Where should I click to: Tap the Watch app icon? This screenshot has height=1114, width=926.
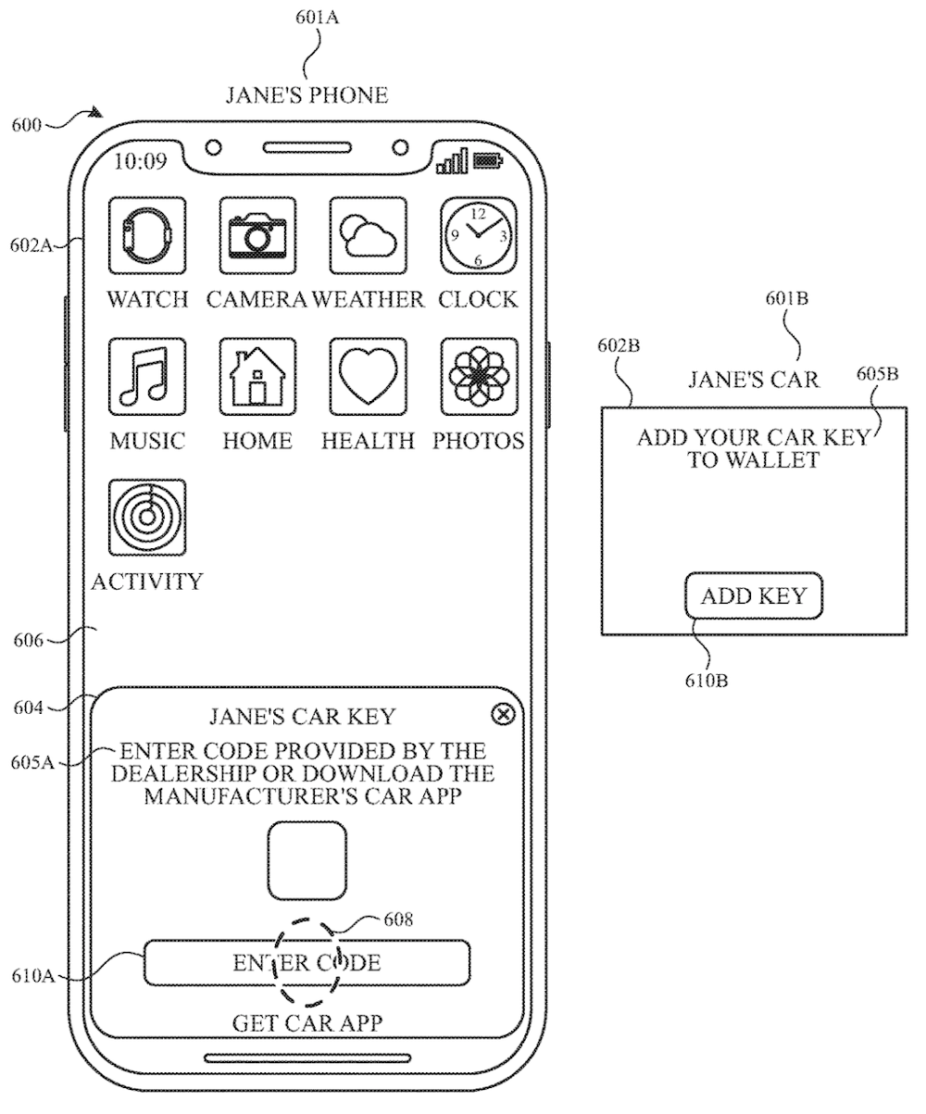(147, 234)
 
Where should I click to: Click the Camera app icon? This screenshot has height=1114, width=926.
(257, 234)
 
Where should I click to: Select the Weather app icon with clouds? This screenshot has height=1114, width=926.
(369, 234)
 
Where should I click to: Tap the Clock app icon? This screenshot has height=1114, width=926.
(479, 234)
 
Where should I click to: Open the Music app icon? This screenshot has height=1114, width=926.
(147, 375)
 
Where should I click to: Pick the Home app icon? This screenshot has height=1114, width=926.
(257, 375)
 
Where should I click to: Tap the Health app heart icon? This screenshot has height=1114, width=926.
(369, 375)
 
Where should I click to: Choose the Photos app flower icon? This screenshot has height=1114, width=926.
(479, 375)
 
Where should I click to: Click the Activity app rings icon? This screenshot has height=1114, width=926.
(147, 517)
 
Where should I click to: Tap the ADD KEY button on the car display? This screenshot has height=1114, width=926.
(754, 595)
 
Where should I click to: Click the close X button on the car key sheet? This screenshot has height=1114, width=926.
(503, 714)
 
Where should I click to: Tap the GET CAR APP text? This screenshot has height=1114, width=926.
(307, 1022)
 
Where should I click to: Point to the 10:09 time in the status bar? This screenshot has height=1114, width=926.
(140, 162)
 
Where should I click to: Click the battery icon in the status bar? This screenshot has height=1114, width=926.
(488, 161)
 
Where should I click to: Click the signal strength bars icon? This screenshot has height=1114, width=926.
(452, 163)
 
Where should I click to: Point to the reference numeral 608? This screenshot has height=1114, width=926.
(398, 920)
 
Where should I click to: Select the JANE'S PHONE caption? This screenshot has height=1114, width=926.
(307, 94)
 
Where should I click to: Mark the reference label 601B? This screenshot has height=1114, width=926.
(787, 299)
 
